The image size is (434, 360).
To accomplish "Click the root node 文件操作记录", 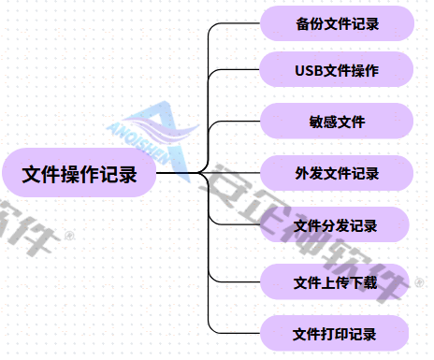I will tap(79, 174).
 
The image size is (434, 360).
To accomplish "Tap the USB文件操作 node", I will tap(336, 70).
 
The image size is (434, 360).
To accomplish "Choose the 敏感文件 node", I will tap(336, 122).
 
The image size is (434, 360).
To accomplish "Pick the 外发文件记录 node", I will tap(336, 173).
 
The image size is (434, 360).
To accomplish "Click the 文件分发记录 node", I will tap(336, 225).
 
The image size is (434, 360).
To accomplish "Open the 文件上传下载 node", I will tap(336, 281).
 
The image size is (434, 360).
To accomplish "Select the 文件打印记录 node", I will tap(336, 334).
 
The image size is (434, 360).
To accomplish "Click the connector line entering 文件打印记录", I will tap(239, 334).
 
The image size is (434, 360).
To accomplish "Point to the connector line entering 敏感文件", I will tap(239, 122).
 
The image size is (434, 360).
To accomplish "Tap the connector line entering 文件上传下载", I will tap(239, 281).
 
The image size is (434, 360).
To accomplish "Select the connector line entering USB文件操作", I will tap(239, 70).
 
